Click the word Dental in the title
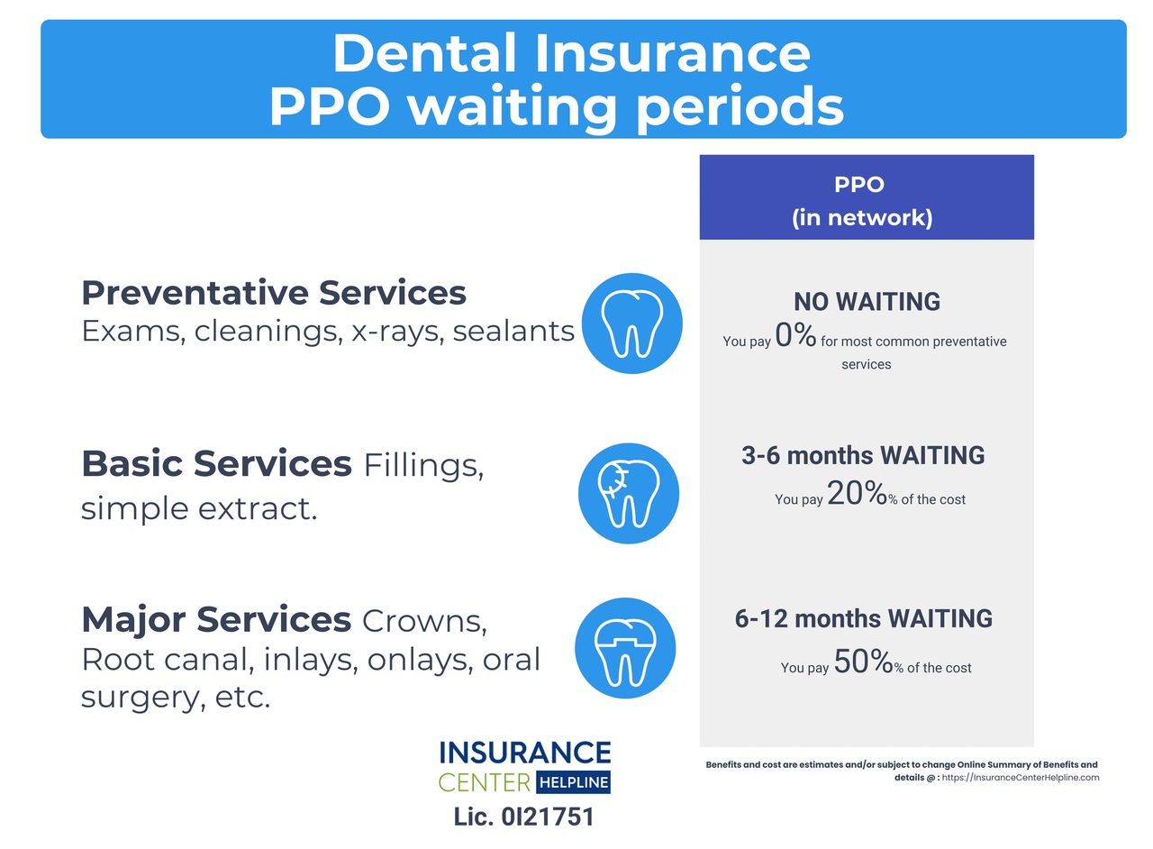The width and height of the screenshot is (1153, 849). [x=424, y=53]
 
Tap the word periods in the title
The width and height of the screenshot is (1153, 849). [x=740, y=106]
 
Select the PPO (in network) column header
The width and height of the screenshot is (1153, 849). [x=867, y=197]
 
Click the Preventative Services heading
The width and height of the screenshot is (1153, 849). [x=274, y=293]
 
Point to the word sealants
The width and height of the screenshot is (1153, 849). [x=513, y=331]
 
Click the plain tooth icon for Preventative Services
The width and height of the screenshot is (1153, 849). [x=632, y=324]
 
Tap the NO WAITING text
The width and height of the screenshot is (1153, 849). [x=867, y=301]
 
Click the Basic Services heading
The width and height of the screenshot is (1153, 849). [x=217, y=463]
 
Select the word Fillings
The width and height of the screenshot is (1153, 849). [x=423, y=466]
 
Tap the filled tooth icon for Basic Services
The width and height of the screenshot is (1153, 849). [x=629, y=494]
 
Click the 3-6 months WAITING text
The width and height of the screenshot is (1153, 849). [x=863, y=455]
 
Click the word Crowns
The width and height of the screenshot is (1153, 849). [x=424, y=621]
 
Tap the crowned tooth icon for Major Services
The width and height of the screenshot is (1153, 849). [x=625, y=648]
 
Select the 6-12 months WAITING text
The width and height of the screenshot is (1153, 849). [x=864, y=618]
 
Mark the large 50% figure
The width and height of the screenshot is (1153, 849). [x=863, y=661]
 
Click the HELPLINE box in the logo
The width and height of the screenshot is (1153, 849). [x=574, y=782]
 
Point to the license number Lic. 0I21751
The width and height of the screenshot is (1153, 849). [x=524, y=817]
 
